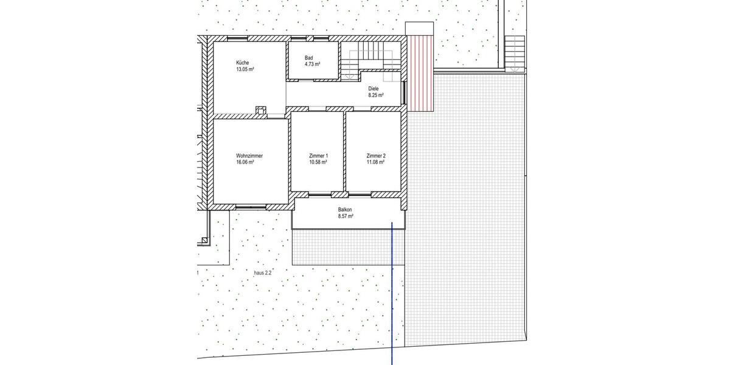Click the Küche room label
(x=242, y=63)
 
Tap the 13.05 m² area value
(x=245, y=70)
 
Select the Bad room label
(x=309, y=57)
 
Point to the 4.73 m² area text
(x=313, y=64)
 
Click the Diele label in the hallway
(x=373, y=88)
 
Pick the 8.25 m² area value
(x=375, y=96)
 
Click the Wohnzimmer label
(x=249, y=156)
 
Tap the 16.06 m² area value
(x=245, y=163)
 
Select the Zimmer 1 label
(x=319, y=156)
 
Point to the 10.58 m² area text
(x=319, y=163)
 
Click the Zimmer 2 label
(x=376, y=156)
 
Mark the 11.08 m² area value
(x=376, y=163)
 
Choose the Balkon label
(x=346, y=209)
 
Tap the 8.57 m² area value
(x=346, y=216)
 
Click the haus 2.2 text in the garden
(x=262, y=274)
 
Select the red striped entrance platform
(x=420, y=73)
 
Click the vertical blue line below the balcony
(x=392, y=292)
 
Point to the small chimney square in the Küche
(x=260, y=111)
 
